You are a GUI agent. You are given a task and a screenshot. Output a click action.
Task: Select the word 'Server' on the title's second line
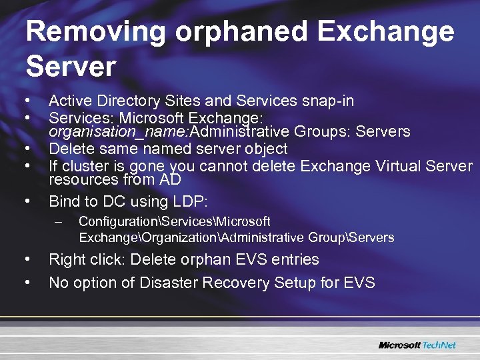(71, 66)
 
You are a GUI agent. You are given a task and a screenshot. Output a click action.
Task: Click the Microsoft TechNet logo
(417, 345)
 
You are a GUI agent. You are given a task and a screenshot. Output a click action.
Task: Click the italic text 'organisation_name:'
(110, 131)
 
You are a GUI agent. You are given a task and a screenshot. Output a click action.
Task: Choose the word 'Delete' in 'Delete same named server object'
(71, 149)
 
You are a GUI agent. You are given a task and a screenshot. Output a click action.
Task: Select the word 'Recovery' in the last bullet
(231, 283)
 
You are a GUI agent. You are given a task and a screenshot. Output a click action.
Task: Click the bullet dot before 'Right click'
(27, 259)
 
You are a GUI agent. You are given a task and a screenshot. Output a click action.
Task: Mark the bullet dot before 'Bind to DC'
(27, 199)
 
